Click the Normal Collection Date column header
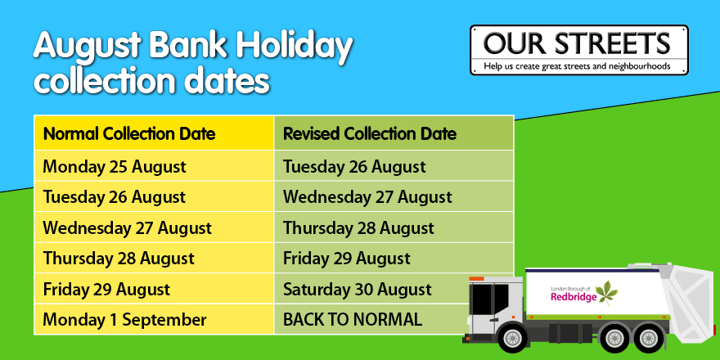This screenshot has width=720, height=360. click(154, 133)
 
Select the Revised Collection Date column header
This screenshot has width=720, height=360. click(394, 133)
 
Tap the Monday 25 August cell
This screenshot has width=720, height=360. click(154, 166)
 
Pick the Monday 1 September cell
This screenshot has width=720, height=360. click(154, 319)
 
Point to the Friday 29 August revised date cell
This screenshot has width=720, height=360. click(394, 258)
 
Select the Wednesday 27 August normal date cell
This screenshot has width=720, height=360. click(154, 227)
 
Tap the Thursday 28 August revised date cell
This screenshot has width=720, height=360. click(394, 227)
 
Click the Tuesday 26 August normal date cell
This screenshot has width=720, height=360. click(154, 197)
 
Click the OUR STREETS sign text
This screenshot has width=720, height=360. click(577, 43)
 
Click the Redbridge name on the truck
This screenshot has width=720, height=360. click(574, 297)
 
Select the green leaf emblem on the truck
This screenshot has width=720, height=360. click(607, 293)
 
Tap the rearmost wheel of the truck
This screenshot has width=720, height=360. click(648, 339)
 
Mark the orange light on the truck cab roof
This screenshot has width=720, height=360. click(477, 279)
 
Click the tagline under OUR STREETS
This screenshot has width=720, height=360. click(577, 66)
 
